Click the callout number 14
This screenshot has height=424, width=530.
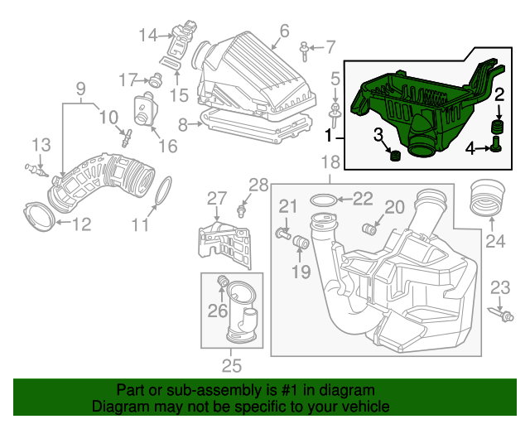point(147,35)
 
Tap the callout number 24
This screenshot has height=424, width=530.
point(494,242)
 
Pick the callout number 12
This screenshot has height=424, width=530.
point(79,224)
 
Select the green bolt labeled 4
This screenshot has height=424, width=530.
point(496,147)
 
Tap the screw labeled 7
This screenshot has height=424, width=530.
point(305,49)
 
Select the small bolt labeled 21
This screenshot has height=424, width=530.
point(284,235)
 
